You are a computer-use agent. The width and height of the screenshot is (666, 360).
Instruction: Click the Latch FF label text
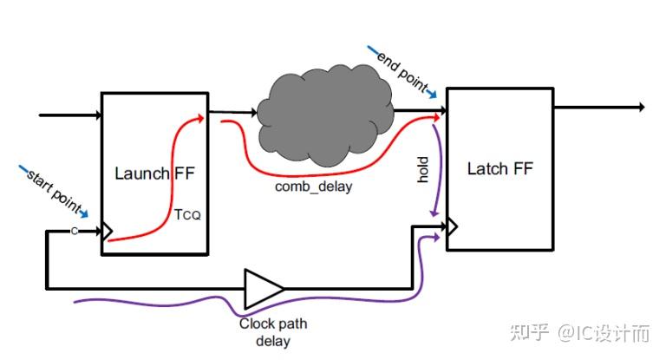(x=499, y=168)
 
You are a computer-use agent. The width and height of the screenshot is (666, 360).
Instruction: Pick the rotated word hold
(x=423, y=170)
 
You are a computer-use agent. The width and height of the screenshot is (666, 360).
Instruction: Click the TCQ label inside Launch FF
(x=187, y=215)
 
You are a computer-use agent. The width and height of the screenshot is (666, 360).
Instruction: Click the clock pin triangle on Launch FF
(x=107, y=232)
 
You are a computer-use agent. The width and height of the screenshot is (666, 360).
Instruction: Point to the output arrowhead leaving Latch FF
(x=641, y=108)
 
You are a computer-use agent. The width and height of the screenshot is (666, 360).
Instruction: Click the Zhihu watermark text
(x=586, y=333)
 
